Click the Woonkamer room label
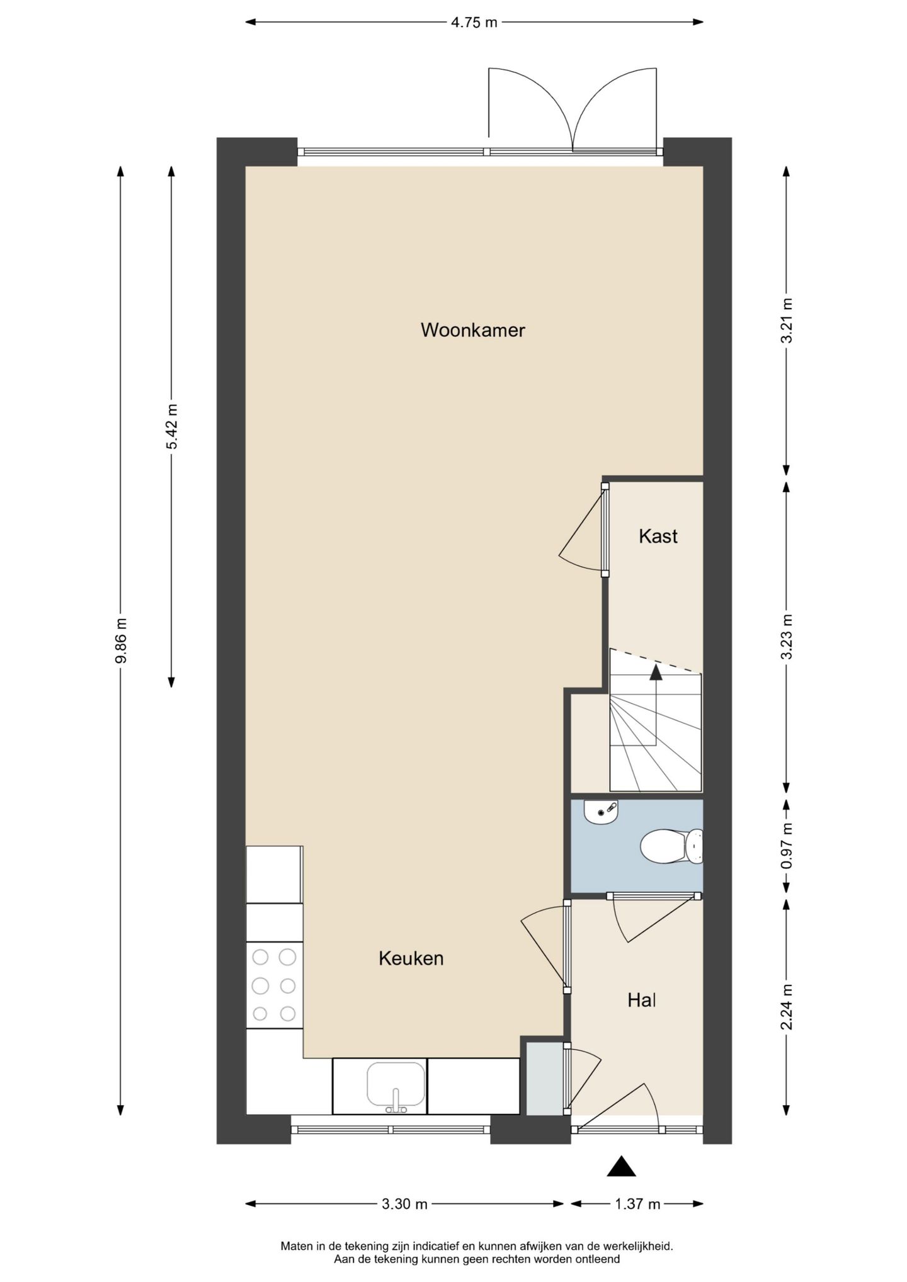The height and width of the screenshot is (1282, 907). click(x=472, y=330)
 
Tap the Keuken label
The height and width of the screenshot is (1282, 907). click(x=411, y=958)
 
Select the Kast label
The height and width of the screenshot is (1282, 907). click(x=658, y=536)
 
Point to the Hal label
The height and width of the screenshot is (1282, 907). click(x=641, y=1000)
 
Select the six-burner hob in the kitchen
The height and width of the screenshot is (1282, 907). click(x=274, y=985)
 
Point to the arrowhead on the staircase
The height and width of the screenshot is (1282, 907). click(x=656, y=672)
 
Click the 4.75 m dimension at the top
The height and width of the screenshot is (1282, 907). click(x=474, y=23)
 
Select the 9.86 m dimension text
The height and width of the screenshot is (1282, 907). click(x=121, y=640)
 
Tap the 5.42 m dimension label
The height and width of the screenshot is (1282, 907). click(x=171, y=426)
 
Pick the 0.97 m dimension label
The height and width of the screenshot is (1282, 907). click(x=786, y=846)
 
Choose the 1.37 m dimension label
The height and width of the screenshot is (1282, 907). click(x=637, y=1204)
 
